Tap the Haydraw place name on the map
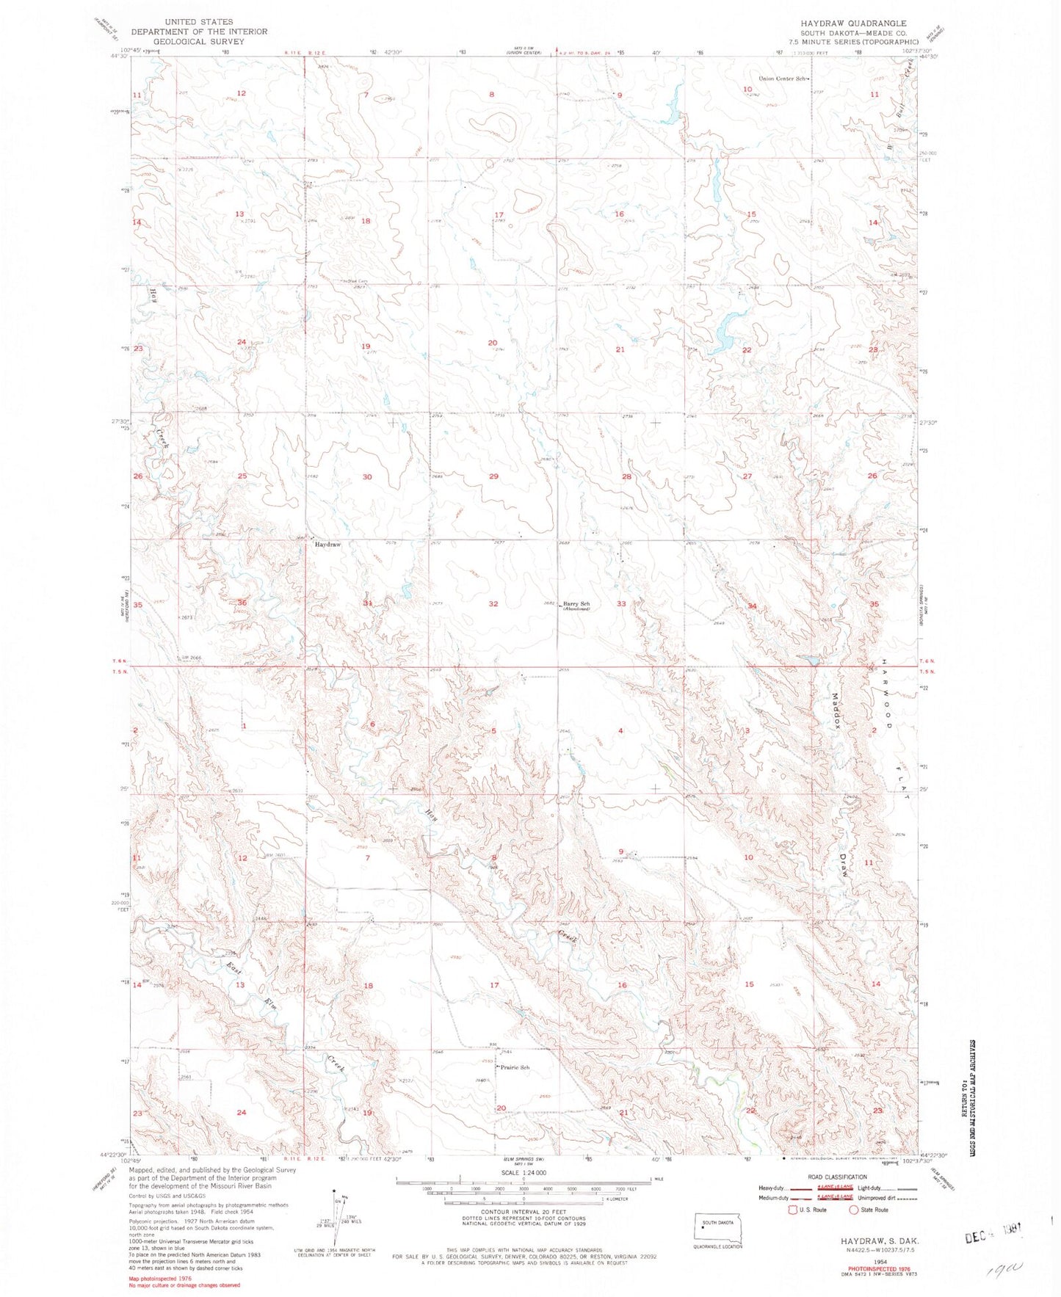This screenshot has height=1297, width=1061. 328,545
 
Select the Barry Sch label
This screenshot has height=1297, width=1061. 577,603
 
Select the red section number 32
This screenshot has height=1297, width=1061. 493,604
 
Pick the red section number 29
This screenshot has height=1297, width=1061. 493,477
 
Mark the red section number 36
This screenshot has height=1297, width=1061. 242,603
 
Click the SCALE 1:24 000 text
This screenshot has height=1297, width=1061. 523,1173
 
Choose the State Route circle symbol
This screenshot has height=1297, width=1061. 853,1210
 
